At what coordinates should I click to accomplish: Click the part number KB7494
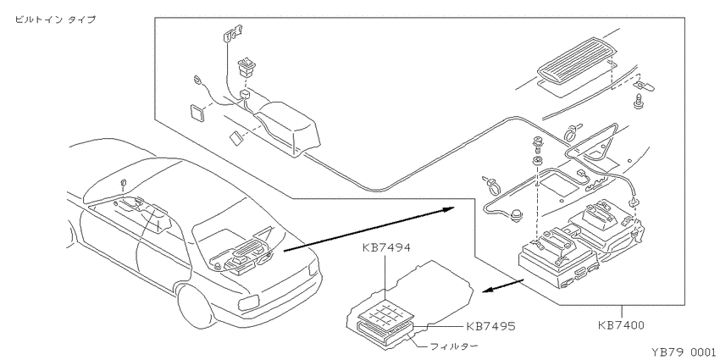[x=386, y=248]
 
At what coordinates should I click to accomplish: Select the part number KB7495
[x=490, y=326]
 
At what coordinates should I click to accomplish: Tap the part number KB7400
[x=621, y=325]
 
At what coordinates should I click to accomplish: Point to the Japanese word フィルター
[x=454, y=346]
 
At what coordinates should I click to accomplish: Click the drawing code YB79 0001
[x=683, y=352]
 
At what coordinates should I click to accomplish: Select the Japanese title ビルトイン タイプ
[x=56, y=19]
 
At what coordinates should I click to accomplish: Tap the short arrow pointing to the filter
[x=503, y=285]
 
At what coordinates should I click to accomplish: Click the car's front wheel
[x=195, y=305]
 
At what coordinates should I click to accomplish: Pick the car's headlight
[x=248, y=302]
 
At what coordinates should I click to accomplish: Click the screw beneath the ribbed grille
[x=638, y=102]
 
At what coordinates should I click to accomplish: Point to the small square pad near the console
[x=198, y=113]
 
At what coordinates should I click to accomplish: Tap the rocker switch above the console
[x=247, y=67]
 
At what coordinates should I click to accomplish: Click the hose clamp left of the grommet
[x=490, y=184]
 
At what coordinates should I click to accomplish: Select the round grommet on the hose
[x=518, y=215]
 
